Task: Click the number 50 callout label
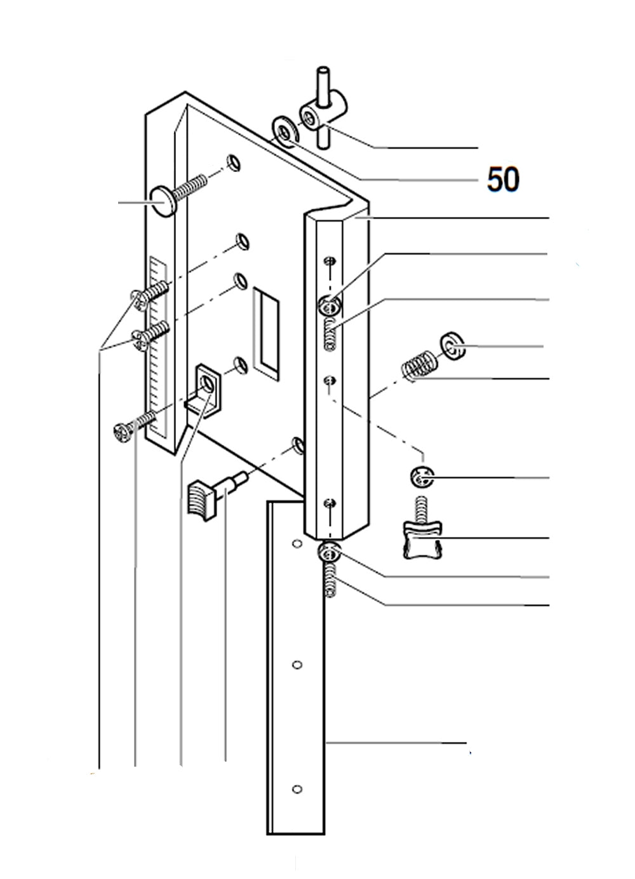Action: [503, 180]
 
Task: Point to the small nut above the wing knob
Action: [421, 477]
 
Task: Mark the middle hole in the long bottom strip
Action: [296, 664]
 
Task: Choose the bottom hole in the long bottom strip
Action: [296, 789]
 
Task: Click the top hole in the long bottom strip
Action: [296, 544]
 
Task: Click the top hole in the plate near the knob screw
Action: [235, 163]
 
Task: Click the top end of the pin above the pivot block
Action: [324, 69]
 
